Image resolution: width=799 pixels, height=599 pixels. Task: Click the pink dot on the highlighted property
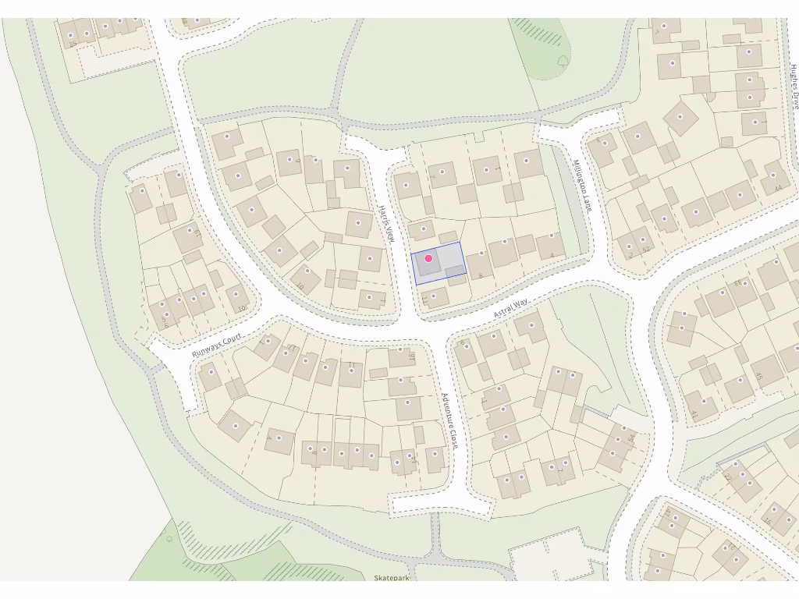click(x=428, y=258)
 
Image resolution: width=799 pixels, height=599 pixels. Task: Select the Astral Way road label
click(x=511, y=307)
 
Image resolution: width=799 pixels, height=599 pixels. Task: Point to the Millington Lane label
click(x=582, y=186)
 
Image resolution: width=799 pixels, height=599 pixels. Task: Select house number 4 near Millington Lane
click(x=552, y=255)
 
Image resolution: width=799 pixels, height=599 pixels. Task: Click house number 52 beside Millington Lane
click(x=645, y=250)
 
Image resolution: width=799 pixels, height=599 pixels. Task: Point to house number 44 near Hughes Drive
click(x=777, y=188)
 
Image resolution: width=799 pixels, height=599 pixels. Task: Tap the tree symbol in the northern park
click(x=563, y=60)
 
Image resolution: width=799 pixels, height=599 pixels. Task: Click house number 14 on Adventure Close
click(x=413, y=462)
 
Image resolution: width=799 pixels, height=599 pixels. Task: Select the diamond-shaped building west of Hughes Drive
click(x=680, y=117)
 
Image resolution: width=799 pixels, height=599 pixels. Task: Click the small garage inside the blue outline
click(x=454, y=271)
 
